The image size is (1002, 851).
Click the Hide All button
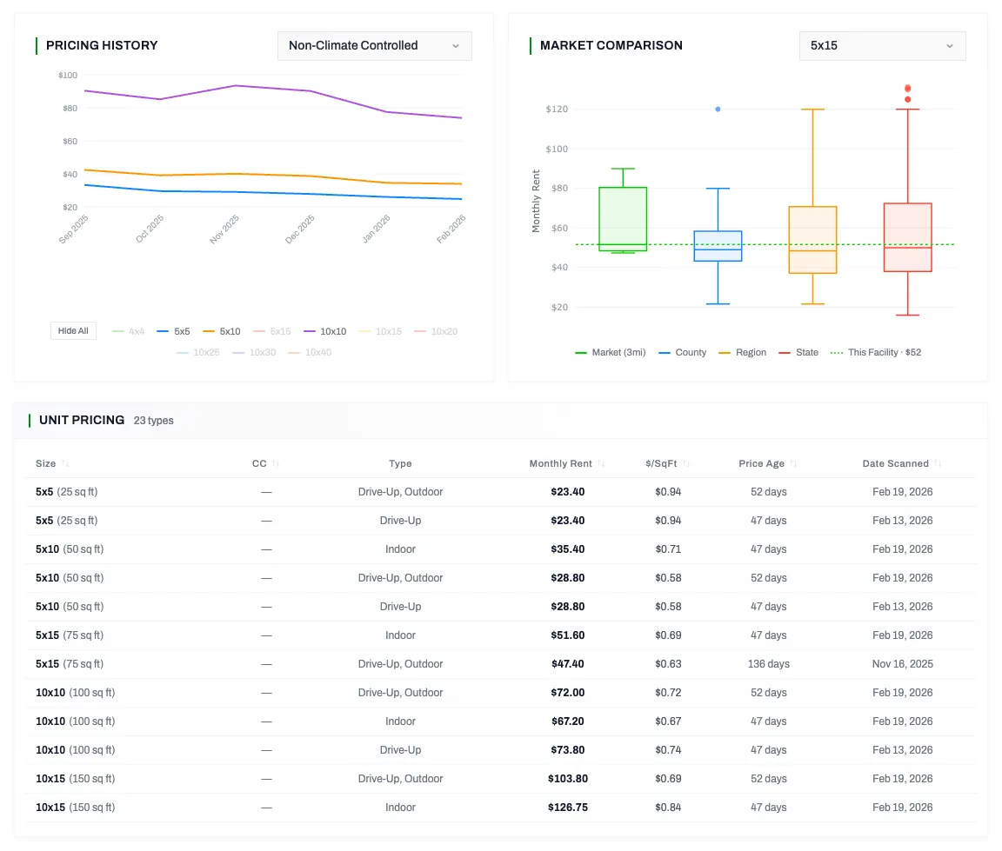click(73, 331)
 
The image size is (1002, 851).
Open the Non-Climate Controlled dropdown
click(374, 46)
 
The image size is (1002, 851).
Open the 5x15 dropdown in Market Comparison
click(881, 46)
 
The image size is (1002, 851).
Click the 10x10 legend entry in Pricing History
click(325, 331)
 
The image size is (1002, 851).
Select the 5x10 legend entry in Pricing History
click(222, 331)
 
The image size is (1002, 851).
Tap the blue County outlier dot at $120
click(718, 110)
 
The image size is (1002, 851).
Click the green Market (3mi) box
click(623, 219)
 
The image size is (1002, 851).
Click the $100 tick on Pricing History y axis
click(67, 76)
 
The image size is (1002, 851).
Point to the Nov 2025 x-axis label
click(224, 230)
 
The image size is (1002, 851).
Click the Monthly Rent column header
click(560, 464)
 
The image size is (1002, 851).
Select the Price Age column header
click(762, 464)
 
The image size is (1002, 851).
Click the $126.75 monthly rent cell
click(567, 808)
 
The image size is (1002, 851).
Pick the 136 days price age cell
click(768, 664)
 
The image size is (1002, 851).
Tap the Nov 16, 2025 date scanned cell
click(902, 664)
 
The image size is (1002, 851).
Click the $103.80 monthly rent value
click(567, 779)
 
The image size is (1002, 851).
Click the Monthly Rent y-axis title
click(537, 201)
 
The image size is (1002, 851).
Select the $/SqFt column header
click(667, 464)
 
